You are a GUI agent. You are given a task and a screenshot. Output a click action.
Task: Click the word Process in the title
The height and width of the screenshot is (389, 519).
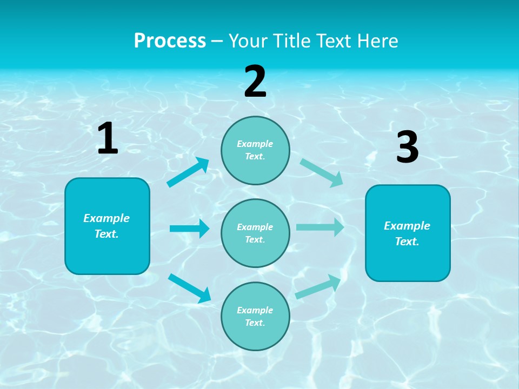(170, 41)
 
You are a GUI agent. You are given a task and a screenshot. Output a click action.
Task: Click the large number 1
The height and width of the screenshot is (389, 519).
(108, 139)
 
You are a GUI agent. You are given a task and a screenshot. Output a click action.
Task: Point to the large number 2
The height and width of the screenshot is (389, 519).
(255, 82)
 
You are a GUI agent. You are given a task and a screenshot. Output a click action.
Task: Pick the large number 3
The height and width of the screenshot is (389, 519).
(407, 147)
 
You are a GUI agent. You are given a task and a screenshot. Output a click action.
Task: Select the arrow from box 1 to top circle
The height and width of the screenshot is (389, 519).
(188, 172)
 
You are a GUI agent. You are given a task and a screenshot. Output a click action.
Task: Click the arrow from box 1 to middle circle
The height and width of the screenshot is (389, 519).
(189, 229)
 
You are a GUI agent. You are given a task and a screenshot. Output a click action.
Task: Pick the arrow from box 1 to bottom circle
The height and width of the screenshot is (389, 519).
(189, 287)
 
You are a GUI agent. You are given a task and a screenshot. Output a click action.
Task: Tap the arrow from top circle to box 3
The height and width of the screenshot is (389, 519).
(322, 172)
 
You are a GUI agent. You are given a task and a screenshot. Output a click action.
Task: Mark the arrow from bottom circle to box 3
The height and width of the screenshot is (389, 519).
(318, 286)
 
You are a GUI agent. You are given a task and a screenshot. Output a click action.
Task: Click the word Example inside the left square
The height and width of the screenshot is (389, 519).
(107, 218)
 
